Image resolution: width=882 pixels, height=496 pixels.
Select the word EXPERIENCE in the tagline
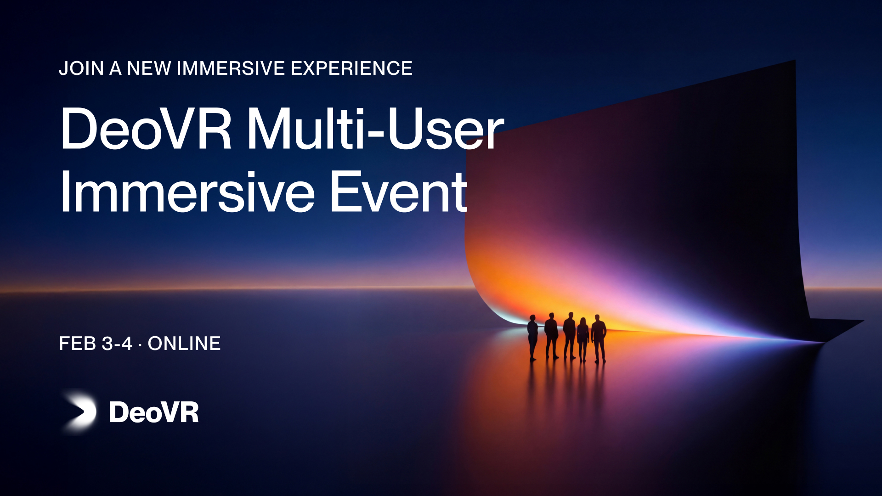point(352,68)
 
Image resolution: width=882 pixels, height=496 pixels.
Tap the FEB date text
point(78,344)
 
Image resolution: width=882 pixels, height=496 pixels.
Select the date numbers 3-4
point(117,344)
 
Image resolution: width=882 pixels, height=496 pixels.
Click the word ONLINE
point(184,344)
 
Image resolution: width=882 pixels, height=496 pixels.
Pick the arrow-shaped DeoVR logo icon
point(79,411)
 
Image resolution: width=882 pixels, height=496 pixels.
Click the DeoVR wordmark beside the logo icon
point(154,412)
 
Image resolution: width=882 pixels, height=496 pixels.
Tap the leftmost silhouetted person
point(532,338)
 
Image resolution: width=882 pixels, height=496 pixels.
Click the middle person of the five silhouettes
point(570,336)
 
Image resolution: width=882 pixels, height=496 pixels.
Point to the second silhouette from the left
point(551,336)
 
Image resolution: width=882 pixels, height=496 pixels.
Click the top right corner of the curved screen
point(795,60)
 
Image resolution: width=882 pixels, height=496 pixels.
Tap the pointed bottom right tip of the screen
point(864,320)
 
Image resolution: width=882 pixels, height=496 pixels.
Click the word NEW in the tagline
point(149,68)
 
